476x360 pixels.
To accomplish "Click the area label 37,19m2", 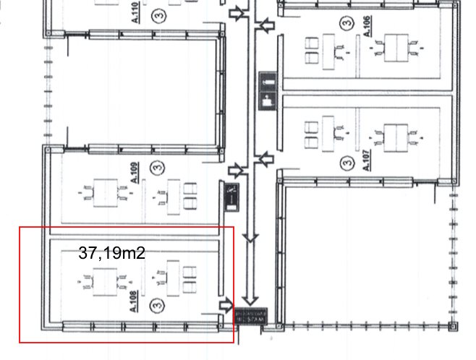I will click(111, 253).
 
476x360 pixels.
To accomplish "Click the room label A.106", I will click(367, 25).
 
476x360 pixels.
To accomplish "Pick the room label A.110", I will click(135, 12).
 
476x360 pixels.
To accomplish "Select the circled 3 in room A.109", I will click(155, 167).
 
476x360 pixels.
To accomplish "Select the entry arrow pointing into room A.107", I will click(265, 158).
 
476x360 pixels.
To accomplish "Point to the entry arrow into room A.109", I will click(236, 171).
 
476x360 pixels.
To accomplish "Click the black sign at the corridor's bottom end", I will click(250, 316).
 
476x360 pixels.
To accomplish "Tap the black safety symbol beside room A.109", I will click(229, 197).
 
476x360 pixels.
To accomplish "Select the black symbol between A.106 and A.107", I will click(267, 91).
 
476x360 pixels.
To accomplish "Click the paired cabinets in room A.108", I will click(190, 279).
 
